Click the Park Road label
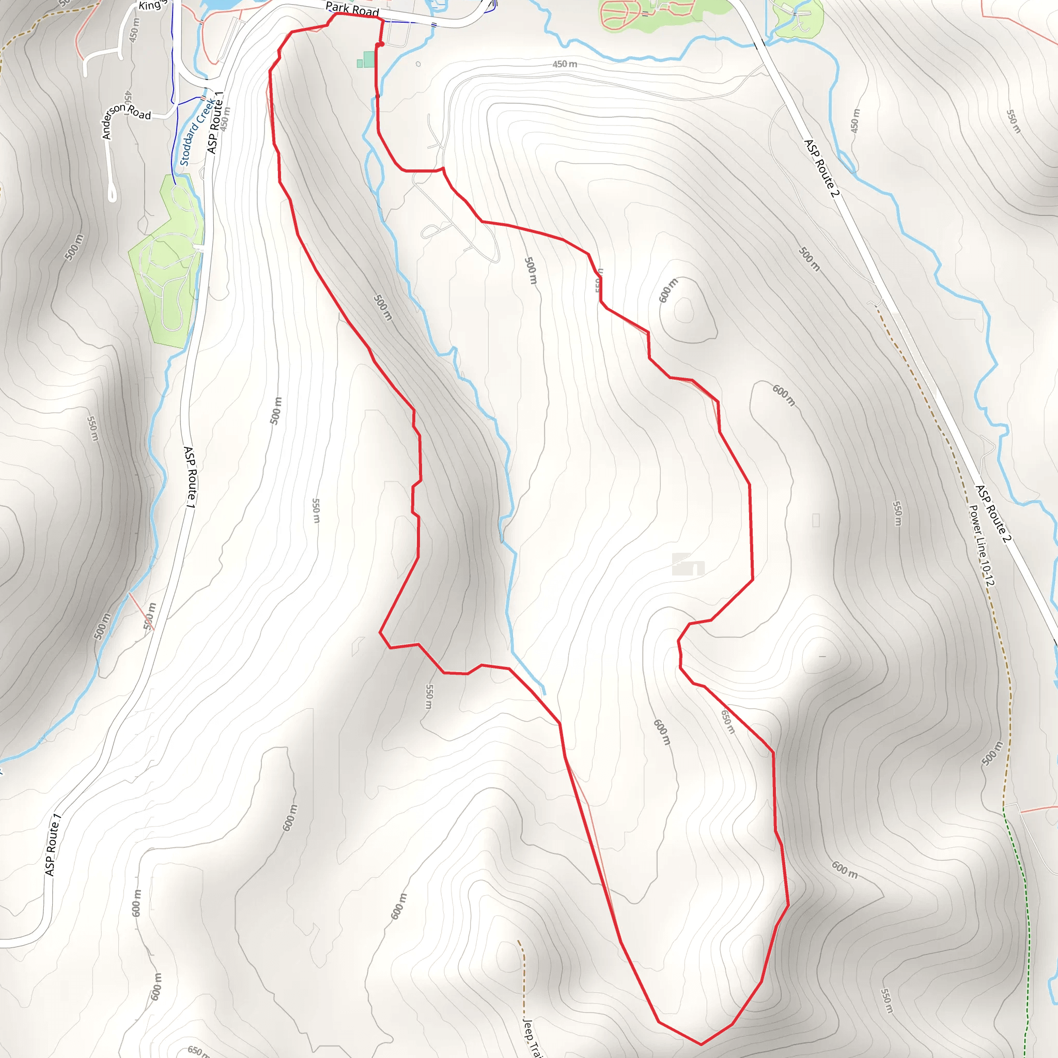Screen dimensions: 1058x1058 click(352, 9)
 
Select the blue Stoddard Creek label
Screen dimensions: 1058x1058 click(195, 132)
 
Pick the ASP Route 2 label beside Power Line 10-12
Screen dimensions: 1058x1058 click(991, 514)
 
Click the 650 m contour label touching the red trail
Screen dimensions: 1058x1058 click(727, 722)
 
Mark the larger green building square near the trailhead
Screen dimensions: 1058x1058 click(368, 59)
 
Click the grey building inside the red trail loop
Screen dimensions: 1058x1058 click(688, 565)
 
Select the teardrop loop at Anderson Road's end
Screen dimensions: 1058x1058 click(112, 194)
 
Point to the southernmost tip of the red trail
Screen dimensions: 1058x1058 click(701, 1044)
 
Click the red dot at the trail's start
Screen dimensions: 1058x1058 click(380, 44)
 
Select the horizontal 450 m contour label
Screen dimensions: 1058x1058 click(565, 64)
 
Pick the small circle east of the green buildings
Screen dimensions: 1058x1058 click(418, 64)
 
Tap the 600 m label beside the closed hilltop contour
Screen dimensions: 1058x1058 click(667, 291)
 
